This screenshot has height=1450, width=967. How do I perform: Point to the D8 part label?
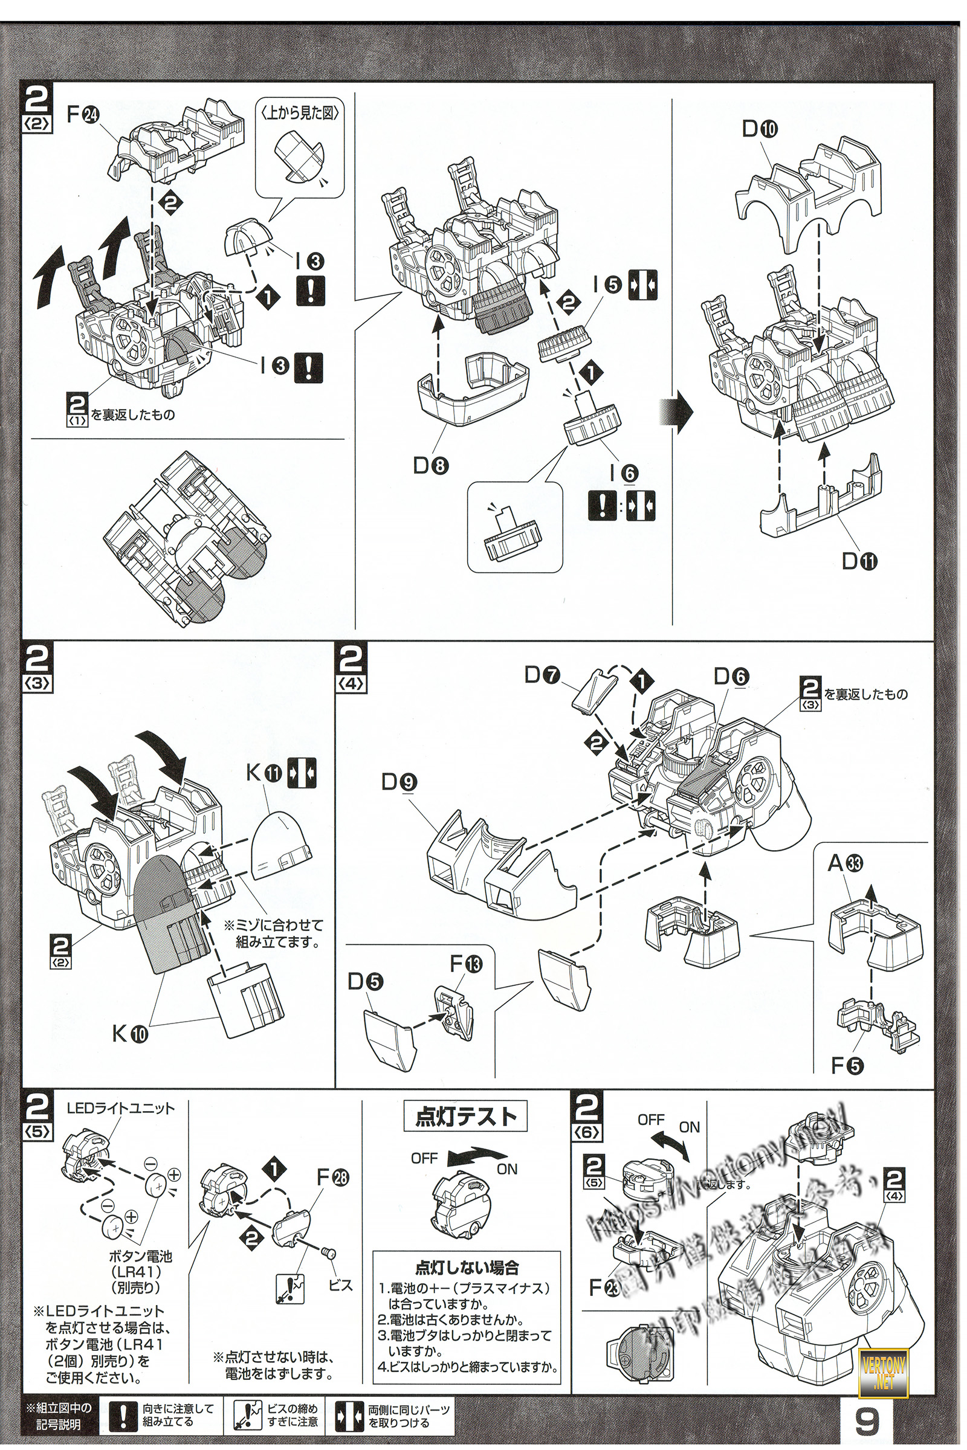pos(430,466)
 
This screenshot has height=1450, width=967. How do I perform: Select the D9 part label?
pos(399,782)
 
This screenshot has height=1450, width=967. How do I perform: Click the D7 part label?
pos(542,675)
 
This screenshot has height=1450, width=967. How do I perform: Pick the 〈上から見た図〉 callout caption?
pos(300,114)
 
